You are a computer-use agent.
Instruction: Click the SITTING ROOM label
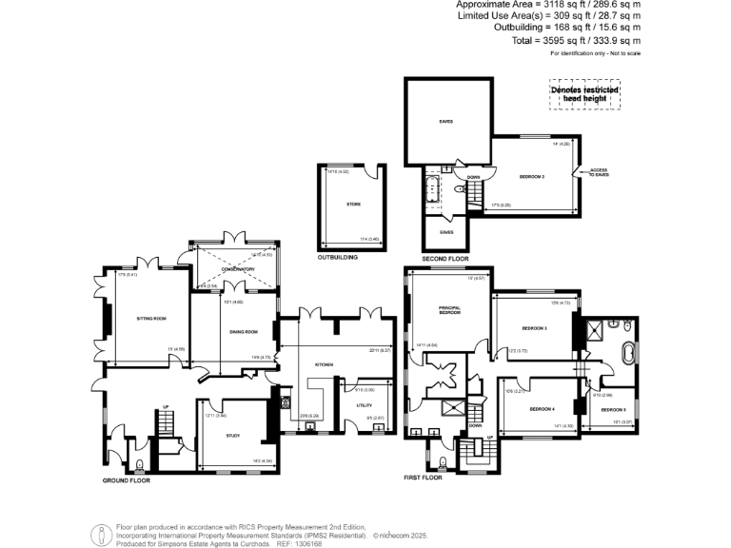[x=151, y=320]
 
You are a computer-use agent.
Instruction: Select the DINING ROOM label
[x=244, y=331]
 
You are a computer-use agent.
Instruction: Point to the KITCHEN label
[x=323, y=364]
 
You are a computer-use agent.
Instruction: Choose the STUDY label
[x=232, y=436]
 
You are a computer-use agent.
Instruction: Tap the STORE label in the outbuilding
[x=353, y=204]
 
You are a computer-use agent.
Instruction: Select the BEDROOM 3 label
[x=534, y=328]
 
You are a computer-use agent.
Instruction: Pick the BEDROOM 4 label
[x=542, y=409]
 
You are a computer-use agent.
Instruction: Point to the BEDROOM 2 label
[x=531, y=177]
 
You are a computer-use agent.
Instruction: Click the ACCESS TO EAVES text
[x=598, y=172]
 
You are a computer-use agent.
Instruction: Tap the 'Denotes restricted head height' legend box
[x=585, y=93]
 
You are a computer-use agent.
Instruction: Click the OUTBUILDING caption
[x=337, y=258]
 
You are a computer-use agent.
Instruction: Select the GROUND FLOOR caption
[x=127, y=480]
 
